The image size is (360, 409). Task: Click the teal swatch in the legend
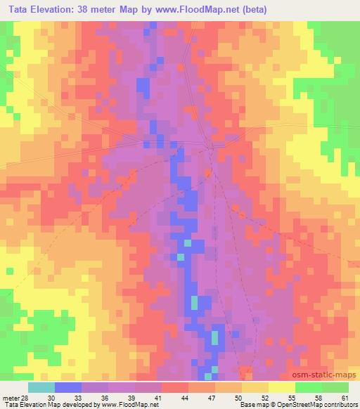point(41,387)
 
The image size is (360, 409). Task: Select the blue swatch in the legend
point(68,387)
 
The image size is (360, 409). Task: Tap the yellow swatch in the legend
point(281,387)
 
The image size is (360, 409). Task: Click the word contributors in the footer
point(333,405)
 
